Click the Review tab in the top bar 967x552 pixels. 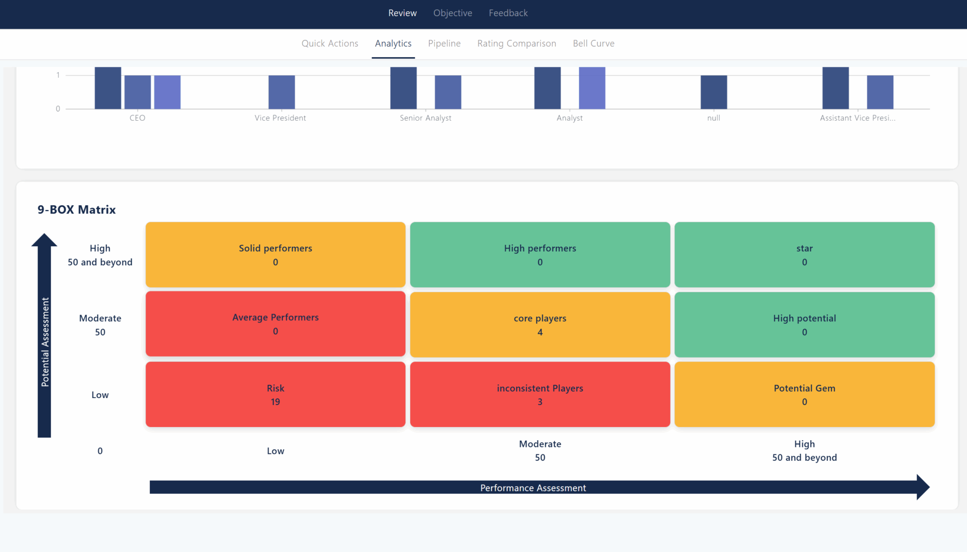[x=402, y=13]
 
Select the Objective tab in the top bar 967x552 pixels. [x=453, y=13]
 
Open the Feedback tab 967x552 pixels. [x=508, y=13]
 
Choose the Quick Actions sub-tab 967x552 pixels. [x=330, y=43]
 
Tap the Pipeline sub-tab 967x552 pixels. [x=444, y=43]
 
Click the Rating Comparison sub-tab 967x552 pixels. [x=516, y=43]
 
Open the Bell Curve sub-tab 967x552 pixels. [x=593, y=43]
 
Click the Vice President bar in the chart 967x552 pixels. [x=282, y=92]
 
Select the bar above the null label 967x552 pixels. [x=714, y=92]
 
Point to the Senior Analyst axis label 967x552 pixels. [x=425, y=118]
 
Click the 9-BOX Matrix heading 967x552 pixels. [x=77, y=210]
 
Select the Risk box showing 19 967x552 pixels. [x=275, y=394]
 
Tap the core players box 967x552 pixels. [x=540, y=324]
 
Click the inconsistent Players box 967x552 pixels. [x=540, y=394]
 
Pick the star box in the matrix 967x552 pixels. [x=804, y=255]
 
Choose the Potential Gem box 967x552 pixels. [x=804, y=394]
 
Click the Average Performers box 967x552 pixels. [x=275, y=324]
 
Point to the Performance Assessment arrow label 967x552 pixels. [x=533, y=488]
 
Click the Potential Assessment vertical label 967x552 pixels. [x=45, y=342]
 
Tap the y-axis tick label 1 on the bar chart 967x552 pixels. [x=58, y=75]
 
